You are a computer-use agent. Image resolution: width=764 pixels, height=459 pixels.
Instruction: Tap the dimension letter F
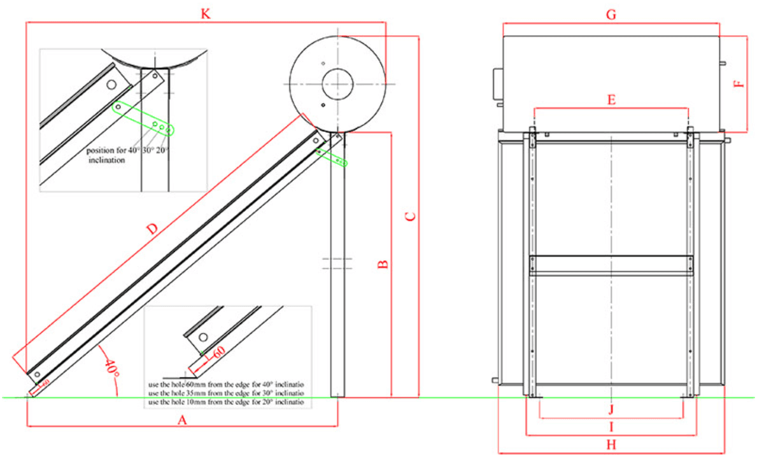pyautogui.click(x=738, y=84)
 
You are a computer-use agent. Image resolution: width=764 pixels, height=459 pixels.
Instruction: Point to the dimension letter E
pyautogui.click(x=611, y=100)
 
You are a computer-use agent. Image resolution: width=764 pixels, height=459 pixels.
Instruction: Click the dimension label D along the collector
pyautogui.click(x=152, y=230)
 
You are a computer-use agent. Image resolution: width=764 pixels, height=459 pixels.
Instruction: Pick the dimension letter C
pyautogui.click(x=411, y=216)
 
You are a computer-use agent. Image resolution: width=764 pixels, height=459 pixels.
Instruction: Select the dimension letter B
pyautogui.click(x=383, y=264)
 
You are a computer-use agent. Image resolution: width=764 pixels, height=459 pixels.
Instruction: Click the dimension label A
pyautogui.click(x=182, y=420)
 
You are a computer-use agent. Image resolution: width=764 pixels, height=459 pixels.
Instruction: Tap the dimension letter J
pyautogui.click(x=611, y=408)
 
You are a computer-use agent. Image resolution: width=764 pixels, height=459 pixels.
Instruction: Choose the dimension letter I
pyautogui.click(x=611, y=427)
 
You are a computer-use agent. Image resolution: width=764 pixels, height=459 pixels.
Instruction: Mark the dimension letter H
pyautogui.click(x=611, y=446)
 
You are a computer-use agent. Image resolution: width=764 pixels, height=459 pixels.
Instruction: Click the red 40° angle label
pyautogui.click(x=112, y=370)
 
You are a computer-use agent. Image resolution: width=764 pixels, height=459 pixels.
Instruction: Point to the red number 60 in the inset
pyautogui.click(x=218, y=351)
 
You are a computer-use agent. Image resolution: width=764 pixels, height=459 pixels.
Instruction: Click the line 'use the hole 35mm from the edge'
pyautogui.click(x=226, y=394)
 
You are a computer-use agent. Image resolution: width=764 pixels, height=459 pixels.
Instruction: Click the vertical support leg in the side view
pyautogui.click(x=337, y=267)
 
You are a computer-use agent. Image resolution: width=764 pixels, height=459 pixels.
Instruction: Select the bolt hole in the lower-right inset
pyautogui.click(x=203, y=337)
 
